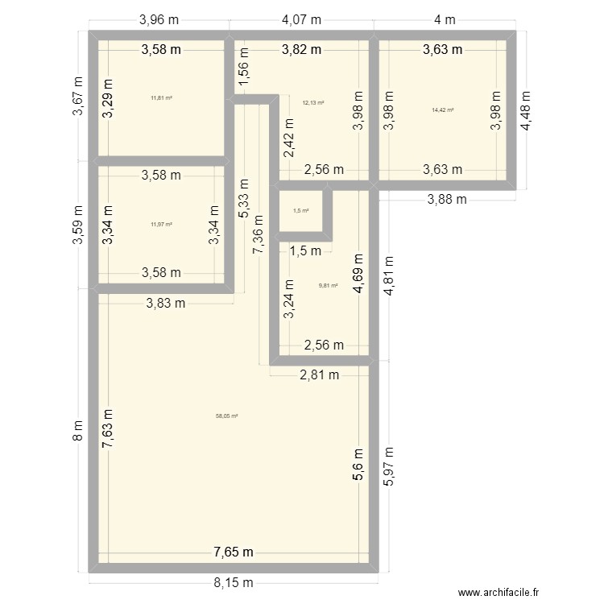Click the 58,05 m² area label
pos(227,416)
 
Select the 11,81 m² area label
pos(161,98)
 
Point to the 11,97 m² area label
pos(161,225)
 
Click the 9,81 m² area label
pos(329,285)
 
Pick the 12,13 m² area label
pos(313,103)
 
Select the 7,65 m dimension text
pos(233,552)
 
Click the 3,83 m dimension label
pos(166,303)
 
